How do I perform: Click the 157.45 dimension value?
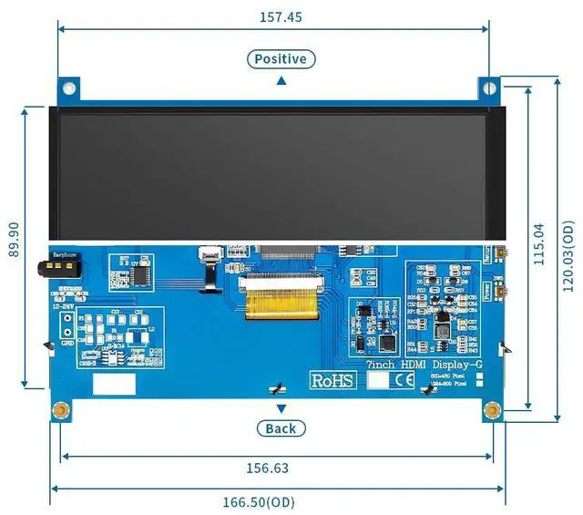pos(281,16)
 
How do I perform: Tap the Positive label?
pos(281,59)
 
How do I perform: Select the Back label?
pos(281,428)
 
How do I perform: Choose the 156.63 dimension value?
pos(267,468)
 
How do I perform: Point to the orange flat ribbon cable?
pos(282,300)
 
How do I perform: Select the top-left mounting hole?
pos(68,88)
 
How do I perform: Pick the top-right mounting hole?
pos(490,88)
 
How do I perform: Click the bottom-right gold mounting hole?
pos(492,409)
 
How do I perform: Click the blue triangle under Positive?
pos(281,80)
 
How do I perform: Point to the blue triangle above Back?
pos(281,408)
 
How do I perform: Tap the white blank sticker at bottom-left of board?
pos(113,384)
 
